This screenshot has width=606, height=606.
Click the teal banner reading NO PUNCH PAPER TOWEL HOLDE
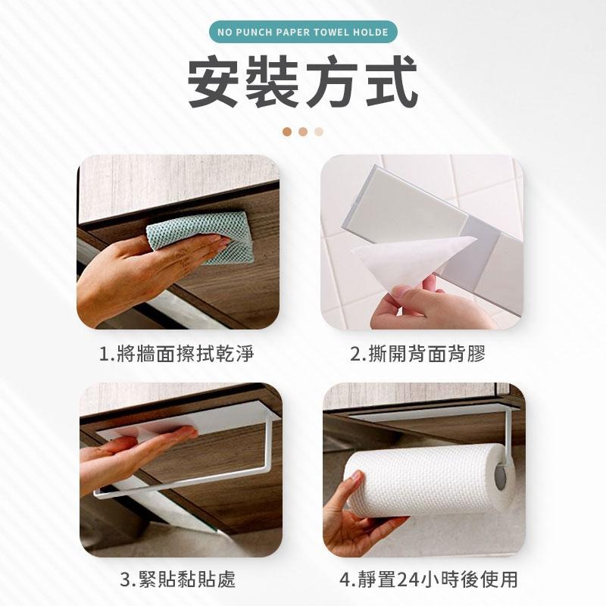302,32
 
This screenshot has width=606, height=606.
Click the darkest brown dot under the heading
287,131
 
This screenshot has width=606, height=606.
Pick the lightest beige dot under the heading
319,131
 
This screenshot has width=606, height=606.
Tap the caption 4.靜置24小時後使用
429,580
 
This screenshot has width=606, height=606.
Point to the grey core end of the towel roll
501,476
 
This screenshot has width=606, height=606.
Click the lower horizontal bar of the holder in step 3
182,483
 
